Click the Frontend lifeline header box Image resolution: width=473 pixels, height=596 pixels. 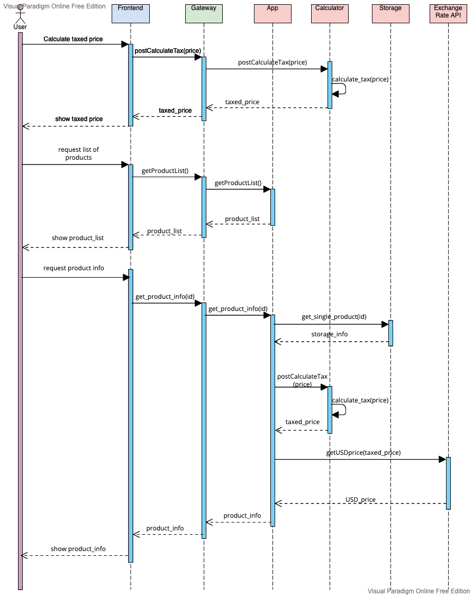tap(131, 13)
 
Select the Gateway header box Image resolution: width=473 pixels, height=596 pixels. tap(204, 13)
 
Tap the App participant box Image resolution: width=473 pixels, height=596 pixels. tap(272, 13)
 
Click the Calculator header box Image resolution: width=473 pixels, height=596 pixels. tap(330, 13)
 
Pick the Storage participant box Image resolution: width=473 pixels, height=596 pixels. tap(390, 13)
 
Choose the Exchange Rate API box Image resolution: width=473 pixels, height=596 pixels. tap(448, 13)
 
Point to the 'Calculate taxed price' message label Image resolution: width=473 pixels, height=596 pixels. tap(73, 39)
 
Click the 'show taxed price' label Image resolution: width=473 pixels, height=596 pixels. tap(79, 119)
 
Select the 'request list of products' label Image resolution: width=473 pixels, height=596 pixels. tap(78, 153)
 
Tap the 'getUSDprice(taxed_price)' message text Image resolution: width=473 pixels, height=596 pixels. tap(363, 453)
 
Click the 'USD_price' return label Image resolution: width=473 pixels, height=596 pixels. tap(360, 499)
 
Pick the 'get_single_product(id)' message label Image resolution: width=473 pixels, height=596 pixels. tap(334, 317)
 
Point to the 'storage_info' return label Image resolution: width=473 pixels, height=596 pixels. tap(329, 334)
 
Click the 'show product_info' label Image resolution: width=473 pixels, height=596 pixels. tap(78, 549)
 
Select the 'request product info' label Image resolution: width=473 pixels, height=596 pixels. tap(74, 268)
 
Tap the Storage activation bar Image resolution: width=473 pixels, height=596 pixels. tap(390, 333)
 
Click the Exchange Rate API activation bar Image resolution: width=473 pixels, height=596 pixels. tap(448, 483)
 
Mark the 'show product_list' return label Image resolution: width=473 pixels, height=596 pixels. tap(78, 238)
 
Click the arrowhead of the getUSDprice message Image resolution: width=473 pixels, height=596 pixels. tap(442, 460)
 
